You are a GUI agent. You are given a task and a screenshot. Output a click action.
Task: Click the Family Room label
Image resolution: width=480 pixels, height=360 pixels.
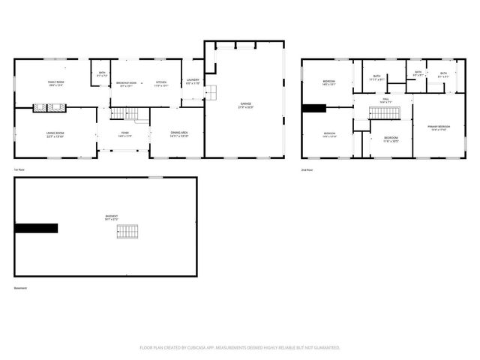click(x=56, y=84)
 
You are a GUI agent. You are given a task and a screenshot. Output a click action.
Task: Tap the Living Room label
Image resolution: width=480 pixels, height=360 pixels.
click(x=55, y=136)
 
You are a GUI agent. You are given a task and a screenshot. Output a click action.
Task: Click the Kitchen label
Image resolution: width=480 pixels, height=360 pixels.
click(x=160, y=83)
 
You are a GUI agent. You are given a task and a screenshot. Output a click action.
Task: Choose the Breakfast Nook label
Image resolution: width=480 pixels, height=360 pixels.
click(x=127, y=84)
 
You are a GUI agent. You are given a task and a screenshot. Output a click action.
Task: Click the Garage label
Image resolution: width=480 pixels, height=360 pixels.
click(x=245, y=105)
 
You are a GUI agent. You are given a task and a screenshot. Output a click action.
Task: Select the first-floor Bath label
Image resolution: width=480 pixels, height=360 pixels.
click(x=102, y=73)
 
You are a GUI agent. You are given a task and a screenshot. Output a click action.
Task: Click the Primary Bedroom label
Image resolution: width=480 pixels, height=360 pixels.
click(x=439, y=128)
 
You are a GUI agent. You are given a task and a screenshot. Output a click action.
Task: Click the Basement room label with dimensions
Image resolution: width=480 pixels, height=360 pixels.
click(x=111, y=218)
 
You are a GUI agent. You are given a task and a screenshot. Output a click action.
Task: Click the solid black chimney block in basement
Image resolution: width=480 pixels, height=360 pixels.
click(x=36, y=229)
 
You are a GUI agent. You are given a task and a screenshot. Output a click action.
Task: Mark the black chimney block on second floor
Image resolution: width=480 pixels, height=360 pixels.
click(x=313, y=108)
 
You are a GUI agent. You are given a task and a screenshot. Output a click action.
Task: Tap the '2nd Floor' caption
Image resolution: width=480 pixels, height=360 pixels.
click(x=307, y=169)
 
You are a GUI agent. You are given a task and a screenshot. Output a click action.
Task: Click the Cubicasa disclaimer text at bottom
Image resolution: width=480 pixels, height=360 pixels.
click(x=240, y=347)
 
